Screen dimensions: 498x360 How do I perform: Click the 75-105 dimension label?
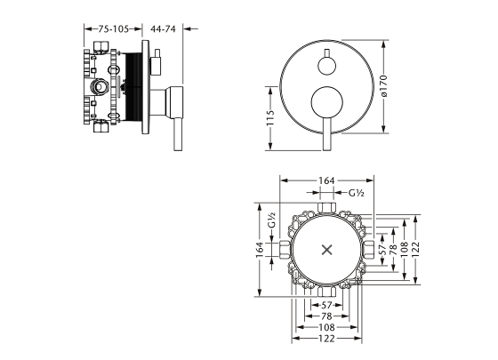113,29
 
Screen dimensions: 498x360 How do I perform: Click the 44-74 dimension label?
163,29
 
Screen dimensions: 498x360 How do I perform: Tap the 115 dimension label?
270,117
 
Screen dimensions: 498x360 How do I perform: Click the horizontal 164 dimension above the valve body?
326,180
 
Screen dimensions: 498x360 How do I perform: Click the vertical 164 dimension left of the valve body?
260,250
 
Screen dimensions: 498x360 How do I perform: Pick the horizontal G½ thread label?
357,193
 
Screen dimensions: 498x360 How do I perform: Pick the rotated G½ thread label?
271,220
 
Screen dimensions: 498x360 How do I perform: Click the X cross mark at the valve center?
327,250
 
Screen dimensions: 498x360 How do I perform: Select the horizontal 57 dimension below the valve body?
326,306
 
